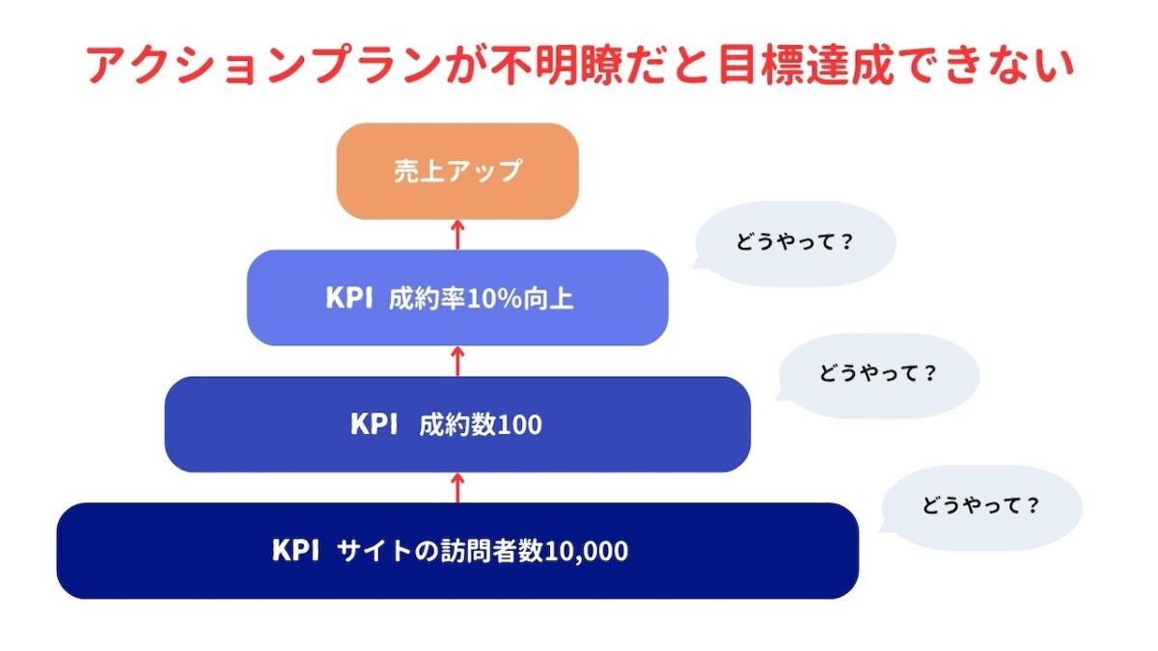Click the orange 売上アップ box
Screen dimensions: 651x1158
click(457, 171)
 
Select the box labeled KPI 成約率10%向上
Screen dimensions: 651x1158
click(457, 297)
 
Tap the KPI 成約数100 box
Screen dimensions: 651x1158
click(457, 423)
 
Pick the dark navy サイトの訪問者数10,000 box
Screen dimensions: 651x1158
click(457, 551)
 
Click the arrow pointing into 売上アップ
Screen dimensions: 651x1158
click(458, 234)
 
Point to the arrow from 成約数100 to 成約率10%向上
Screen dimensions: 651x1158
click(458, 361)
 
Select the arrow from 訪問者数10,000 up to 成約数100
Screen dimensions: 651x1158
click(458, 487)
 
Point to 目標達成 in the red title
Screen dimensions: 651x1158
click(779, 66)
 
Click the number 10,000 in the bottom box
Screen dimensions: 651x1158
click(587, 552)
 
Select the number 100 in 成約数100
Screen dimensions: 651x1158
click(520, 424)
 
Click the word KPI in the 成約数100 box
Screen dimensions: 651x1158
click(374, 424)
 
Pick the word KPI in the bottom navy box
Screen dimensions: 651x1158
click(295, 552)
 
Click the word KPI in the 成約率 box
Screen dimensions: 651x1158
click(349, 298)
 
